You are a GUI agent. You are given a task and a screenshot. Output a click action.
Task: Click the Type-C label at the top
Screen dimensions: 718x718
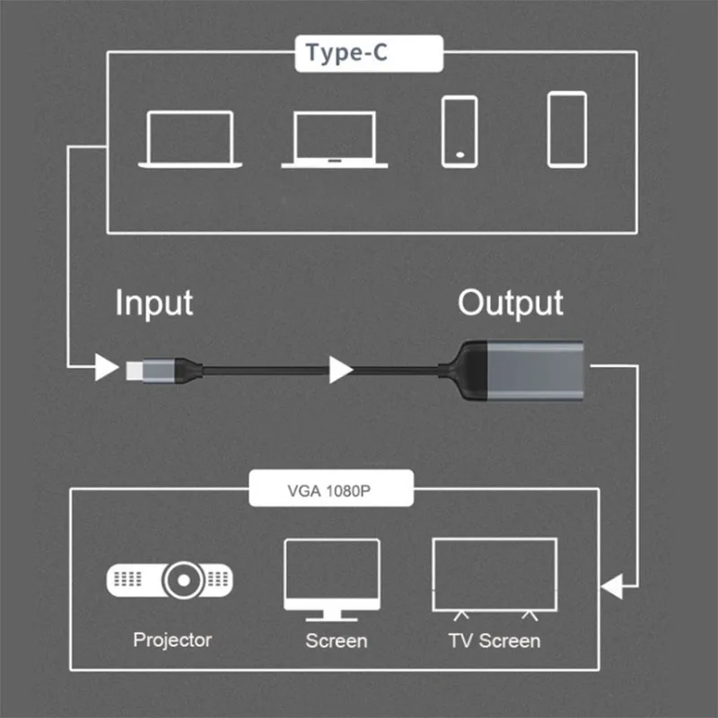point(368,53)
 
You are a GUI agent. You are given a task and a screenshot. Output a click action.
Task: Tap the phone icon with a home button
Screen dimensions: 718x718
point(460,131)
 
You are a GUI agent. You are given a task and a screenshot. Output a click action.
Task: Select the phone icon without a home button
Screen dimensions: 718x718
point(567,129)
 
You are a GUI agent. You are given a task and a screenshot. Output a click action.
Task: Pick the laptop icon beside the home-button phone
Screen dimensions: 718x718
point(334,139)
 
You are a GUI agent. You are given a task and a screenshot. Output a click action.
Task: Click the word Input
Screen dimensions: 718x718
point(153,302)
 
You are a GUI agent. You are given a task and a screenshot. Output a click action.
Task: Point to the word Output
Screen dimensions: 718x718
point(511,302)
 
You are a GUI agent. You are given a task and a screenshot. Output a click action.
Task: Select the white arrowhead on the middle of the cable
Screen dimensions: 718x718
point(340,369)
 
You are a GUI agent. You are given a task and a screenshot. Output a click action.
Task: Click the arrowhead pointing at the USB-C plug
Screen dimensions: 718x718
point(106,367)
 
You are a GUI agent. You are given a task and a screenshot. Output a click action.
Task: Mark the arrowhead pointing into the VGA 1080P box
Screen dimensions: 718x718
point(614,588)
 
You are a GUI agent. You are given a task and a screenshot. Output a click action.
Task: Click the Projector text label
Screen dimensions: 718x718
point(172,640)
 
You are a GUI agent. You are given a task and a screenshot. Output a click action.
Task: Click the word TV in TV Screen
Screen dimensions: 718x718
point(460,641)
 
